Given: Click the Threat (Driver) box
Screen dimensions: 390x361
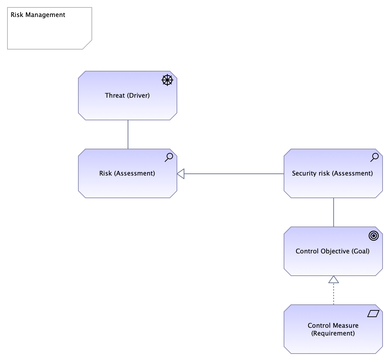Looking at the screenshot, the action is [x=128, y=96].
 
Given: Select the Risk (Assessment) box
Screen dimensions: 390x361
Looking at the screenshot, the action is [x=128, y=173].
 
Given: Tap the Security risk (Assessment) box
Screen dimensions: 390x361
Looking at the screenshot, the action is [x=333, y=173].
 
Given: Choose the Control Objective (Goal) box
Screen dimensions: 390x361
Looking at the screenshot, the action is [x=333, y=251].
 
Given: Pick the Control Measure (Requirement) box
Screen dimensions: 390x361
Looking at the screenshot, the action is [x=333, y=329].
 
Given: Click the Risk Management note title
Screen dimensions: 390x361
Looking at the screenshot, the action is [x=38, y=15].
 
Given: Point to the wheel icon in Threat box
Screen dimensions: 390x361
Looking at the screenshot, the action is [x=167, y=80].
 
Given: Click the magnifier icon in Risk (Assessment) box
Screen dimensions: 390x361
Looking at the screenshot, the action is [x=169, y=157].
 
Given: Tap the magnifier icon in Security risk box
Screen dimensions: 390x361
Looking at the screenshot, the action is [x=375, y=157].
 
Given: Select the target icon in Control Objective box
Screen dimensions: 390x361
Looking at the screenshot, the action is [x=374, y=236].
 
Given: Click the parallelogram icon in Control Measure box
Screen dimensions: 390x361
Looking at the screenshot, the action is [x=373, y=314].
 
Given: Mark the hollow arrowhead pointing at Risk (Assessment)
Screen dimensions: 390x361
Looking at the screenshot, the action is [x=180, y=173].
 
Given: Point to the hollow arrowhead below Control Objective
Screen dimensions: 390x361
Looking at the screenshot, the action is [x=334, y=279].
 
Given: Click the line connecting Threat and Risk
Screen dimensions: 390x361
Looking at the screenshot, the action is [x=128, y=134].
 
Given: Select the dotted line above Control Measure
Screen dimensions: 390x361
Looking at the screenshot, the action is [x=334, y=294].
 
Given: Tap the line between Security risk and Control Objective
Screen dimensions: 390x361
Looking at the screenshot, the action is [x=334, y=212].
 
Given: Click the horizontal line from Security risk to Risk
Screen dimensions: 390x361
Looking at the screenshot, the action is [x=234, y=174].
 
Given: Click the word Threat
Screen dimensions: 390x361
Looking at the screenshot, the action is [x=115, y=95].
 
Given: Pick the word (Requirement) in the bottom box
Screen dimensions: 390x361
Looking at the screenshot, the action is [x=333, y=333].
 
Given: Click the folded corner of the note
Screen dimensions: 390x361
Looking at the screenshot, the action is [x=88, y=45].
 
